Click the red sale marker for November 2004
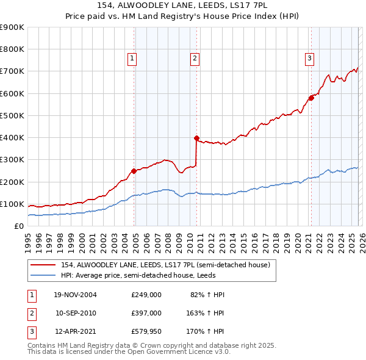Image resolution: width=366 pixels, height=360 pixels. coord(134,171)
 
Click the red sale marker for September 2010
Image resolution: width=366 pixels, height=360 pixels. coord(196,138)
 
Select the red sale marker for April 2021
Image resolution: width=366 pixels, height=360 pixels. coord(310,98)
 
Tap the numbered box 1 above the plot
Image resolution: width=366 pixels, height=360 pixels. coord(132,59)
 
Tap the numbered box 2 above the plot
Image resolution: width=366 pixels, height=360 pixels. coord(195,59)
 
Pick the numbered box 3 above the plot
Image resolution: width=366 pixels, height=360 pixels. coord(309,59)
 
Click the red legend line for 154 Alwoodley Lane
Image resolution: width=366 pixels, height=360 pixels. coord(43,264)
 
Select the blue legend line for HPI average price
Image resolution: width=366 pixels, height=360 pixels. coord(43,275)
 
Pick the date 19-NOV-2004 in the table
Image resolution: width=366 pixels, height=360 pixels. coord(75,295)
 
